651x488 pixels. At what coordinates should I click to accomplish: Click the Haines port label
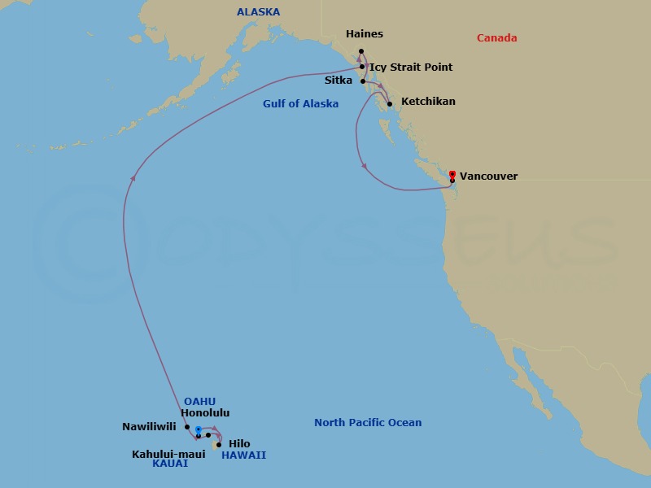pyautogui.click(x=364, y=34)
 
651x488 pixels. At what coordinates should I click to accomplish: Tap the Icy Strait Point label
pyautogui.click(x=411, y=68)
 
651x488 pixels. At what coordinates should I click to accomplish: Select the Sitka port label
pyautogui.click(x=339, y=81)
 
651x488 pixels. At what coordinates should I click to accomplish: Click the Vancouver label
pyautogui.click(x=488, y=176)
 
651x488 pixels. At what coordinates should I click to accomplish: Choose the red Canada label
pyautogui.click(x=497, y=38)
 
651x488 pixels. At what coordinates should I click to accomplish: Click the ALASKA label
pyautogui.click(x=258, y=12)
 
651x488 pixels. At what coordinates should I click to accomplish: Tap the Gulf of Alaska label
pyautogui.click(x=300, y=104)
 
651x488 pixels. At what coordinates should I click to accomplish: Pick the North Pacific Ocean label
pyautogui.click(x=368, y=423)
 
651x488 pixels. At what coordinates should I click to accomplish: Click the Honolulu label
pyautogui.click(x=205, y=413)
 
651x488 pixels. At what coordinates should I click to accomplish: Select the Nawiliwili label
pyautogui.click(x=149, y=426)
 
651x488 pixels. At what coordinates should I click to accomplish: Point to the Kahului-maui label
pyautogui.click(x=168, y=454)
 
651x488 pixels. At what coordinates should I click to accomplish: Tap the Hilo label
pyautogui.click(x=239, y=443)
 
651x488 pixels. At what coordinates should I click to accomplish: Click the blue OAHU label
pyautogui.click(x=199, y=401)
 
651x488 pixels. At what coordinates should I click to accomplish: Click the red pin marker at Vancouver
pyautogui.click(x=452, y=173)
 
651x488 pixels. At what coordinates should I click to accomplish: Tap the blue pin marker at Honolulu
pyautogui.click(x=198, y=429)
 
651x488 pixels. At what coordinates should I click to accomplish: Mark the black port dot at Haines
pyautogui.click(x=361, y=51)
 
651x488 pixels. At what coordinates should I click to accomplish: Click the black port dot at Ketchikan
pyautogui.click(x=390, y=103)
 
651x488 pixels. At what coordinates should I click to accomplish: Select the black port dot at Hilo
pyautogui.click(x=219, y=445)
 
